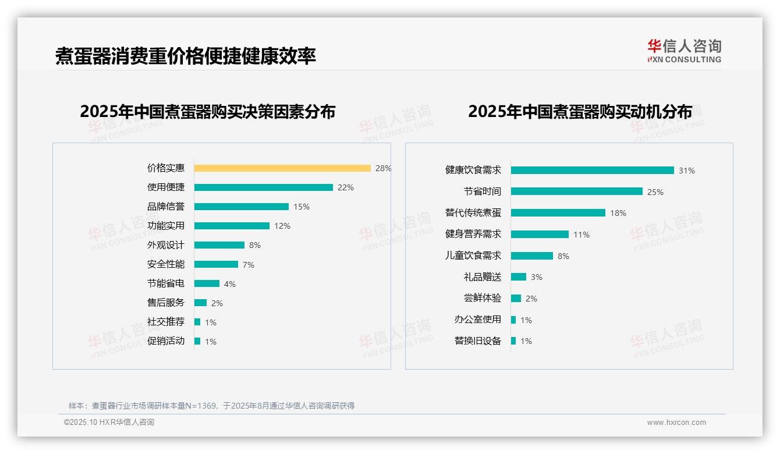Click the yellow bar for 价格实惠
pos(282,168)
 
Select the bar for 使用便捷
pos(263,187)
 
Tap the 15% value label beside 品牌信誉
pos(302,207)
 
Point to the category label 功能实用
pos(166,225)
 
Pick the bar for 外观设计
pos(219,245)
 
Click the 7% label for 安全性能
pos(249,265)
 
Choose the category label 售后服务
pos(166,303)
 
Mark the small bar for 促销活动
pos(197,341)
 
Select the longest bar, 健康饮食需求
pos(592,171)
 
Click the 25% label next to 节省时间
pos(655,192)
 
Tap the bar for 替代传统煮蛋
pos(558,213)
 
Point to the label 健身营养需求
pos(473,234)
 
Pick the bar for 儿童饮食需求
pos(532,256)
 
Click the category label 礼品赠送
pos(483,277)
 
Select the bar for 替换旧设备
pos(513,341)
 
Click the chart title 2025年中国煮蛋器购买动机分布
pos(580,112)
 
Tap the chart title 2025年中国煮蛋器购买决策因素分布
pos(207,112)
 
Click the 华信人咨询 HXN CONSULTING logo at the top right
pos(684,51)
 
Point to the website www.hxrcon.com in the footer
pos(676,423)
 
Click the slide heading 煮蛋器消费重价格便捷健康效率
pos(186,56)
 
